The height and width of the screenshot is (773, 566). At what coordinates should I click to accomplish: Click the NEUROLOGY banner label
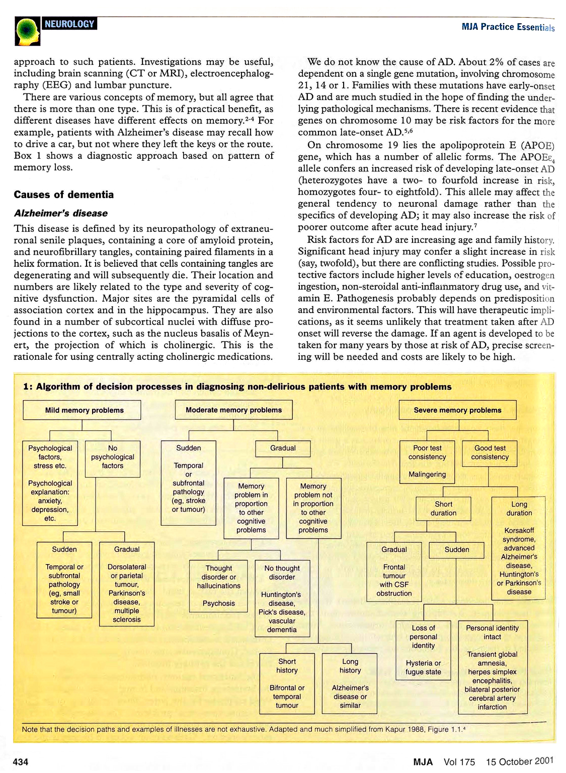click(69, 24)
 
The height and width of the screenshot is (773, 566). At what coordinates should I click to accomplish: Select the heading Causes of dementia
click(63, 195)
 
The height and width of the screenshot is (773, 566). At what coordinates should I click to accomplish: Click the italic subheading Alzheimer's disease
click(60, 213)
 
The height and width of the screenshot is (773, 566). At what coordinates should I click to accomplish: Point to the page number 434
click(21, 762)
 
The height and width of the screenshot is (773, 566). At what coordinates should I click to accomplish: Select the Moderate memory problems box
click(233, 410)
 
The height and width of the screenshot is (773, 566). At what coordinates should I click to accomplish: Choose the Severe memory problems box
click(457, 410)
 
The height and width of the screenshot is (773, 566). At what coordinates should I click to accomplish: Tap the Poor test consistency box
click(427, 461)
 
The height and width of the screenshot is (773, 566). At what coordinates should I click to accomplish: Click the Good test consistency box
click(490, 453)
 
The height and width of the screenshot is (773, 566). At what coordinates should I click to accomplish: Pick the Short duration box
click(443, 509)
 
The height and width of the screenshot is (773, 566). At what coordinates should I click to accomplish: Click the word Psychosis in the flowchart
click(218, 603)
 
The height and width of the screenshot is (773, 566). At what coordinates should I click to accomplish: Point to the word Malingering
click(427, 474)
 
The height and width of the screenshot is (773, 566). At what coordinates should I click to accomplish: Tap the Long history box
click(350, 683)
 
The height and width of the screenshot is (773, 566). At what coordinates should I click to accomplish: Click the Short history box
click(287, 683)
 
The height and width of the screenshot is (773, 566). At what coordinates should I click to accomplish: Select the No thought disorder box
click(282, 598)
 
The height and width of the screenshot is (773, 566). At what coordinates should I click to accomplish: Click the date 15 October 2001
click(520, 761)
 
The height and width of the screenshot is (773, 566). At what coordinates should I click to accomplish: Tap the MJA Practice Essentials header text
click(508, 27)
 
